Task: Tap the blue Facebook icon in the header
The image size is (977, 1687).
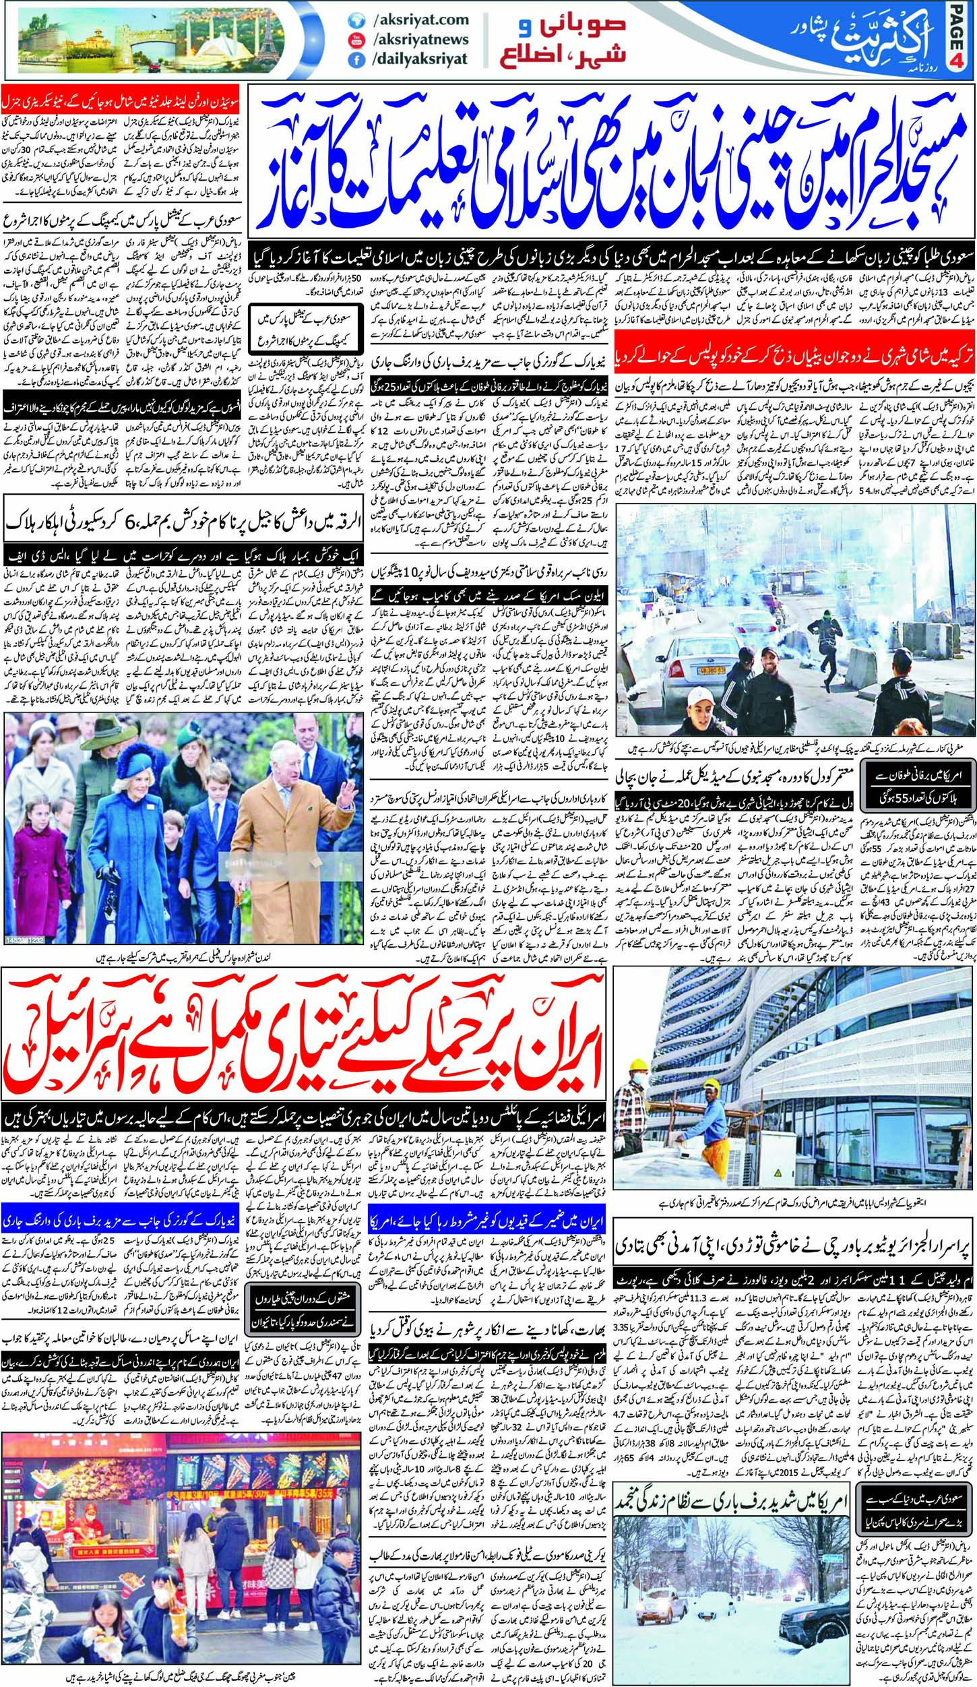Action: pyautogui.click(x=352, y=59)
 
